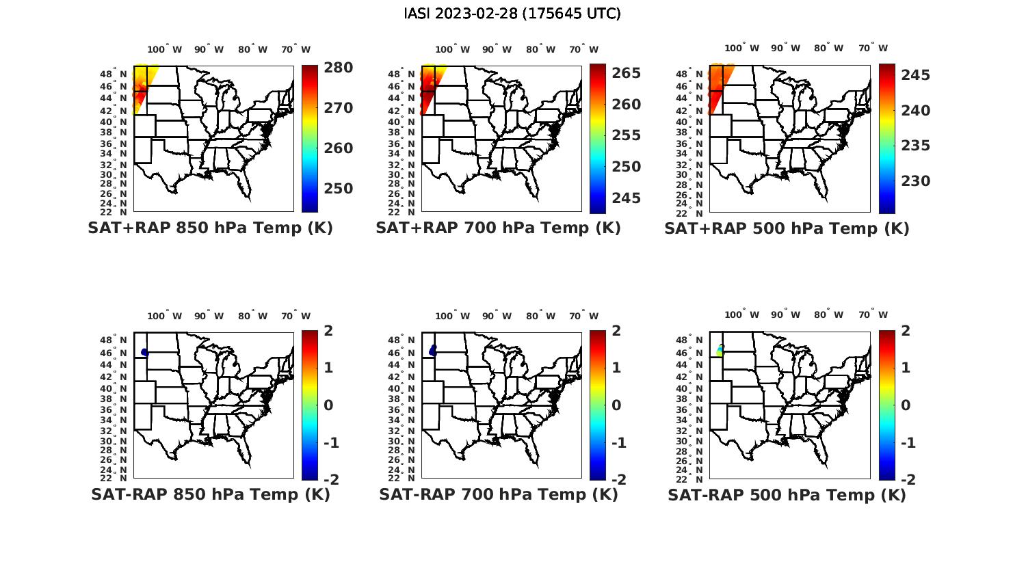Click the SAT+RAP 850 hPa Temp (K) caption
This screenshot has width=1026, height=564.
[x=210, y=228]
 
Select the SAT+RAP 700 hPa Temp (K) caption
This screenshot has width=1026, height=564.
[x=498, y=228]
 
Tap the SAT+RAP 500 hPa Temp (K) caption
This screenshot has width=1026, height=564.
[x=787, y=229]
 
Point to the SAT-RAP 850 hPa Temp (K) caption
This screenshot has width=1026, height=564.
[x=210, y=494]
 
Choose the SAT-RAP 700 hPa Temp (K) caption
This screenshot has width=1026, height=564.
[x=498, y=494]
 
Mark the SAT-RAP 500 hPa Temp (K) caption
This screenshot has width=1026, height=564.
[x=787, y=495]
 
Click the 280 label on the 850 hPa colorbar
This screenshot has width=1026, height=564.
[x=339, y=68]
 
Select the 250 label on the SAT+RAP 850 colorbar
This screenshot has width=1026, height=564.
[x=339, y=189]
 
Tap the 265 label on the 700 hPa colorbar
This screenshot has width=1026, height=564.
[x=626, y=73]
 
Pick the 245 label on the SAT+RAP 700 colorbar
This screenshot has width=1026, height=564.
[x=626, y=198]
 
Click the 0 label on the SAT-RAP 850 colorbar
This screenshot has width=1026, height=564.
[x=328, y=405]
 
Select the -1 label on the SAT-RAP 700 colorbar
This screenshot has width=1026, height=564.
[x=618, y=443]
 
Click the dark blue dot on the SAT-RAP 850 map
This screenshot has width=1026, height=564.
[x=144, y=353]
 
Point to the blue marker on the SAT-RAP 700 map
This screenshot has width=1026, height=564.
[x=433, y=351]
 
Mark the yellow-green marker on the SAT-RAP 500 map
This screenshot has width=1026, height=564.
[x=720, y=350]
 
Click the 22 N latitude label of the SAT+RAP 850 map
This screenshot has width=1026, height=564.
[x=118, y=212]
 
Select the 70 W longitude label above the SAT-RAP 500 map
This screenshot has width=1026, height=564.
[x=873, y=315]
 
